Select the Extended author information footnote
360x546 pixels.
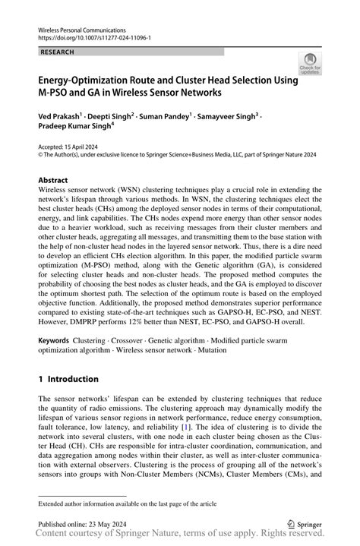[125, 503]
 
